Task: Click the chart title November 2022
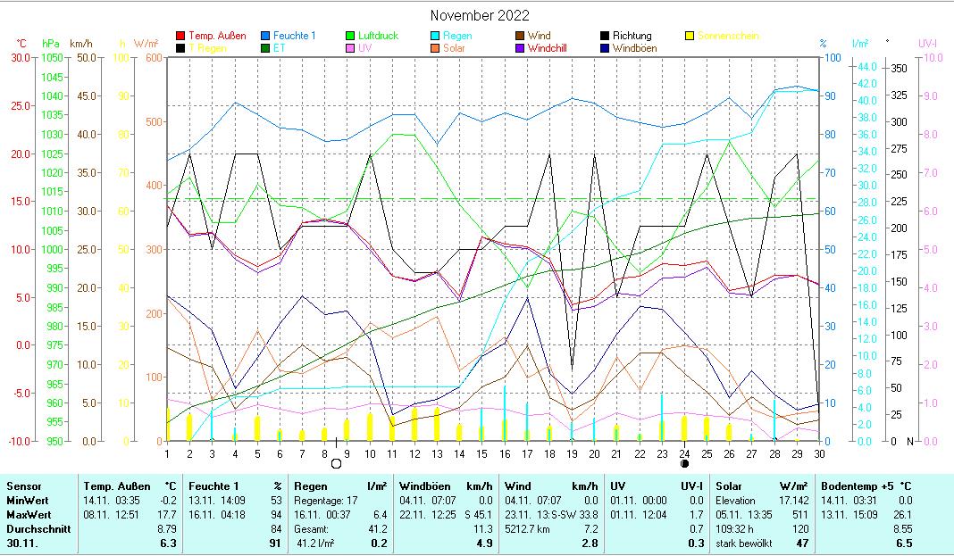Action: tap(479, 15)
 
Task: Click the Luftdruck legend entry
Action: tap(373, 36)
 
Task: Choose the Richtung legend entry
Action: tap(638, 36)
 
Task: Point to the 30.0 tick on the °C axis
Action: tap(20, 57)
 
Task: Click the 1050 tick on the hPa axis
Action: tap(52, 57)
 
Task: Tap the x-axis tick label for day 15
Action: tap(481, 454)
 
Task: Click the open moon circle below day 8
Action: tap(336, 464)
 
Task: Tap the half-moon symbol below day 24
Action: tap(684, 464)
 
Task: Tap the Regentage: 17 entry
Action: tap(325, 500)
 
